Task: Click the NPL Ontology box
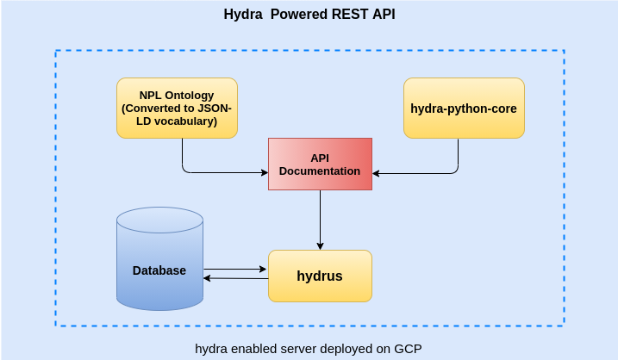pyautogui.click(x=177, y=108)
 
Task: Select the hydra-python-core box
pyautogui.click(x=464, y=108)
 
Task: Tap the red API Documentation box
pyautogui.click(x=320, y=164)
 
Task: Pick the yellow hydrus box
pyautogui.click(x=320, y=276)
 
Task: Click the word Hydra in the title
pyautogui.click(x=241, y=15)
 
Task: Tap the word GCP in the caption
pyautogui.click(x=407, y=348)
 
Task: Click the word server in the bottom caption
pyautogui.click(x=290, y=348)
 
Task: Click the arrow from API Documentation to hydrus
pyautogui.click(x=320, y=220)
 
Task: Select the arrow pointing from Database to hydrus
pyautogui.click(x=234, y=269)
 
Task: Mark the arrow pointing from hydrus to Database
pyautogui.click(x=234, y=278)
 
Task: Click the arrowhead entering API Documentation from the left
pyautogui.click(x=264, y=172)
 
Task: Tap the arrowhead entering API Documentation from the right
pyautogui.click(x=377, y=173)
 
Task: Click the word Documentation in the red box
pyautogui.click(x=320, y=171)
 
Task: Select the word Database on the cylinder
pyautogui.click(x=159, y=270)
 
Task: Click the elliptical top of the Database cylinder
pyautogui.click(x=159, y=219)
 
